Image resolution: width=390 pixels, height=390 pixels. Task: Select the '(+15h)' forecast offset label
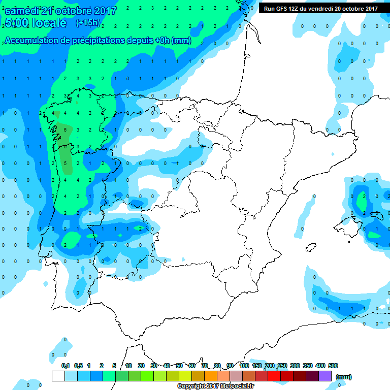[88, 23]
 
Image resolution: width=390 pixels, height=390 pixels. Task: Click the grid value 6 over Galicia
[66, 129]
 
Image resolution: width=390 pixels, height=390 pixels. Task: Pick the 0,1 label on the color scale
[65, 366]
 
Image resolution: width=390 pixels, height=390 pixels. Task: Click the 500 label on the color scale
[333, 366]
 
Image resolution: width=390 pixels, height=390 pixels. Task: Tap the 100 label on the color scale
[244, 366]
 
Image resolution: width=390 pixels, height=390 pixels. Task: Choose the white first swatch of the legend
[58, 376]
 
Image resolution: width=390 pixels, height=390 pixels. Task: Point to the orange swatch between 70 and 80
[211, 376]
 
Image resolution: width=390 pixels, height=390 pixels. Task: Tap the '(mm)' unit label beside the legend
[344, 377]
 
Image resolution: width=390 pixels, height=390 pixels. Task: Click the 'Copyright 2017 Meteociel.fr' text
[215, 386]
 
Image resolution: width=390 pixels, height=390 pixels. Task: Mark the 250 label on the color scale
[282, 366]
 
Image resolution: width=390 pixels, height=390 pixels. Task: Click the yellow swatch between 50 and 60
[185, 376]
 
